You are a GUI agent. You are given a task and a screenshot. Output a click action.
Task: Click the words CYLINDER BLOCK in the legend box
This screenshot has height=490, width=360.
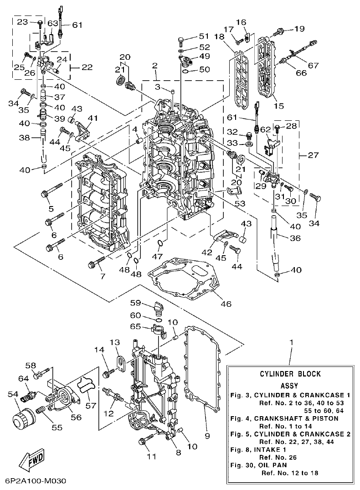coord(290,374)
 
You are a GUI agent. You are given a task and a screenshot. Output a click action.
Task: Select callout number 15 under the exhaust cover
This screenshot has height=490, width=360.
coord(279,106)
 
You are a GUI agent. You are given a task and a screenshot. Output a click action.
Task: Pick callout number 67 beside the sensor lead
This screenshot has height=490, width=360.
coord(313,65)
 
